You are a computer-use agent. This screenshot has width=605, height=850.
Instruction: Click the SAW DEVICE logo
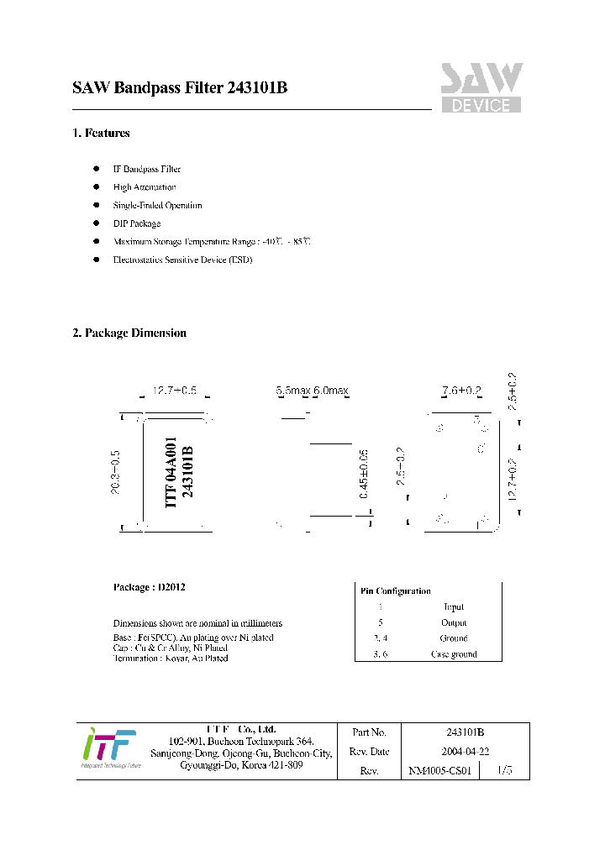coord(481,87)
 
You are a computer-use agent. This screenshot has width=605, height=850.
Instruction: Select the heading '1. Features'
coord(101,133)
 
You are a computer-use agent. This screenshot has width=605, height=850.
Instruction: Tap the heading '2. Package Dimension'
coord(129,333)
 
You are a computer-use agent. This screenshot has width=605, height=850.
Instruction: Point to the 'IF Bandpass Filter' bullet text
coord(147,169)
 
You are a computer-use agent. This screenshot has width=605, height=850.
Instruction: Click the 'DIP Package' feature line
coord(137,223)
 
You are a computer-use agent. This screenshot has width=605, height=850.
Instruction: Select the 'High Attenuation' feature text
coord(145,187)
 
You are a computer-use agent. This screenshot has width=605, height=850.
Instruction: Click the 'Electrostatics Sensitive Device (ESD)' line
coord(182,260)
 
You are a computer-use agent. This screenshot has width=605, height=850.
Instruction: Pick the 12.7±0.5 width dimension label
coord(174,391)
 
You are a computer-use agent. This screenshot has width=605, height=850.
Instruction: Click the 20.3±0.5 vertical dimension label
coord(117,474)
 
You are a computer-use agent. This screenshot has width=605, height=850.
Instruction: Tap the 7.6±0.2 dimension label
coord(462,391)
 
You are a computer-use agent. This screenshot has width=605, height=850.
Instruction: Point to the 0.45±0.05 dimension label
coord(364,475)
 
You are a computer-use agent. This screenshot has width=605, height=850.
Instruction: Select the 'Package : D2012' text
coord(150,587)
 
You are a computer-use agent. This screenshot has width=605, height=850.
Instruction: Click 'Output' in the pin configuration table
coord(454,622)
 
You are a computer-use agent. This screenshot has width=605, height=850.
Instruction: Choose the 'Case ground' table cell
coord(454,653)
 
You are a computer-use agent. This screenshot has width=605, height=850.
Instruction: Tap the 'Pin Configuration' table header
coord(396,591)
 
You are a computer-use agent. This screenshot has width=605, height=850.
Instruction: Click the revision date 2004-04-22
coord(465,752)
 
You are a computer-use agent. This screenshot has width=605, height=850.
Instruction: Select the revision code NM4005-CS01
coord(440,770)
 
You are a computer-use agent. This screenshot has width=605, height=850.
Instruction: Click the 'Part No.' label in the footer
coord(368,732)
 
